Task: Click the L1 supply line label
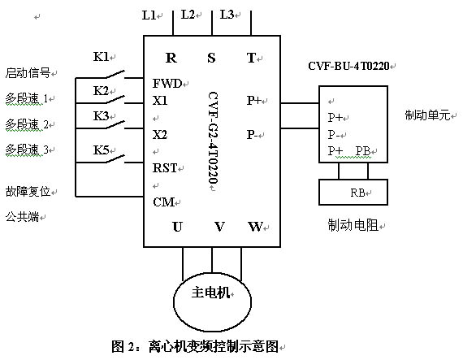click(x=149, y=15)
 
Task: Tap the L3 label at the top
click(x=227, y=14)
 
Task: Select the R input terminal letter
click(x=171, y=58)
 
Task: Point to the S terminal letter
click(x=211, y=58)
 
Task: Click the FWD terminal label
click(x=167, y=84)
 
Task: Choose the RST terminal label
click(x=165, y=168)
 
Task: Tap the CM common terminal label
click(x=163, y=202)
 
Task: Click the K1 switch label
click(x=101, y=57)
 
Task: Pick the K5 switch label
click(x=101, y=150)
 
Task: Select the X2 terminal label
click(x=160, y=135)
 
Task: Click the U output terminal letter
click(x=177, y=227)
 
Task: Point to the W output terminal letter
click(x=255, y=227)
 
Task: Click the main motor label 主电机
click(x=210, y=293)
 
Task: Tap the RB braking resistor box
click(x=353, y=192)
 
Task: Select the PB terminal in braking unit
click(x=363, y=151)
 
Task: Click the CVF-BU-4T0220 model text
click(x=348, y=66)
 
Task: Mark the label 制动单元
click(x=427, y=115)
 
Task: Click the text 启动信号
click(x=28, y=72)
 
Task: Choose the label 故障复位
click(x=28, y=191)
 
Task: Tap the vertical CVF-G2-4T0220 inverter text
click(x=213, y=138)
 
